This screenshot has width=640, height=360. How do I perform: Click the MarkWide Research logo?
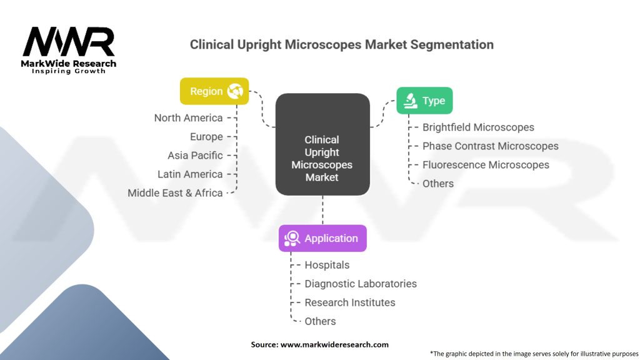(x=69, y=49)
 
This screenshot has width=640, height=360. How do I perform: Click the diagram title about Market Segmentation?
(x=341, y=45)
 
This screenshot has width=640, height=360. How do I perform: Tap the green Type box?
(x=424, y=101)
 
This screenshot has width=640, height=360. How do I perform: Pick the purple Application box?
(x=322, y=238)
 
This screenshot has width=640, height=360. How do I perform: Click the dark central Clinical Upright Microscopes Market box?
(x=322, y=158)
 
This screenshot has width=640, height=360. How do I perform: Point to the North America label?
(x=188, y=118)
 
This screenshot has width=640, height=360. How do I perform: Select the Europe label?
(x=206, y=137)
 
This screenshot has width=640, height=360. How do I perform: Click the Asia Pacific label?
(x=195, y=156)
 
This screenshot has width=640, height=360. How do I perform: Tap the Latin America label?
(x=190, y=174)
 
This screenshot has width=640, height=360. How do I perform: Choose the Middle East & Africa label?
(x=175, y=193)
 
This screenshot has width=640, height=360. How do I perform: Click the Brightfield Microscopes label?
(x=478, y=127)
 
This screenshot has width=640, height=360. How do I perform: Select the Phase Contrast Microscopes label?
(x=490, y=146)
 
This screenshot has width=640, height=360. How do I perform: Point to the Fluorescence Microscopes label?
(x=486, y=165)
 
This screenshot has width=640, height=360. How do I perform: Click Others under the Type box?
(x=437, y=184)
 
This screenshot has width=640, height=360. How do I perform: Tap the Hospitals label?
(x=327, y=265)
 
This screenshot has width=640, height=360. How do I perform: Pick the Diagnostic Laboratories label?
(x=360, y=284)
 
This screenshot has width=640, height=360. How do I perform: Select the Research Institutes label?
(x=349, y=302)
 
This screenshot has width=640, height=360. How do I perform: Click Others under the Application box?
(x=320, y=321)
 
